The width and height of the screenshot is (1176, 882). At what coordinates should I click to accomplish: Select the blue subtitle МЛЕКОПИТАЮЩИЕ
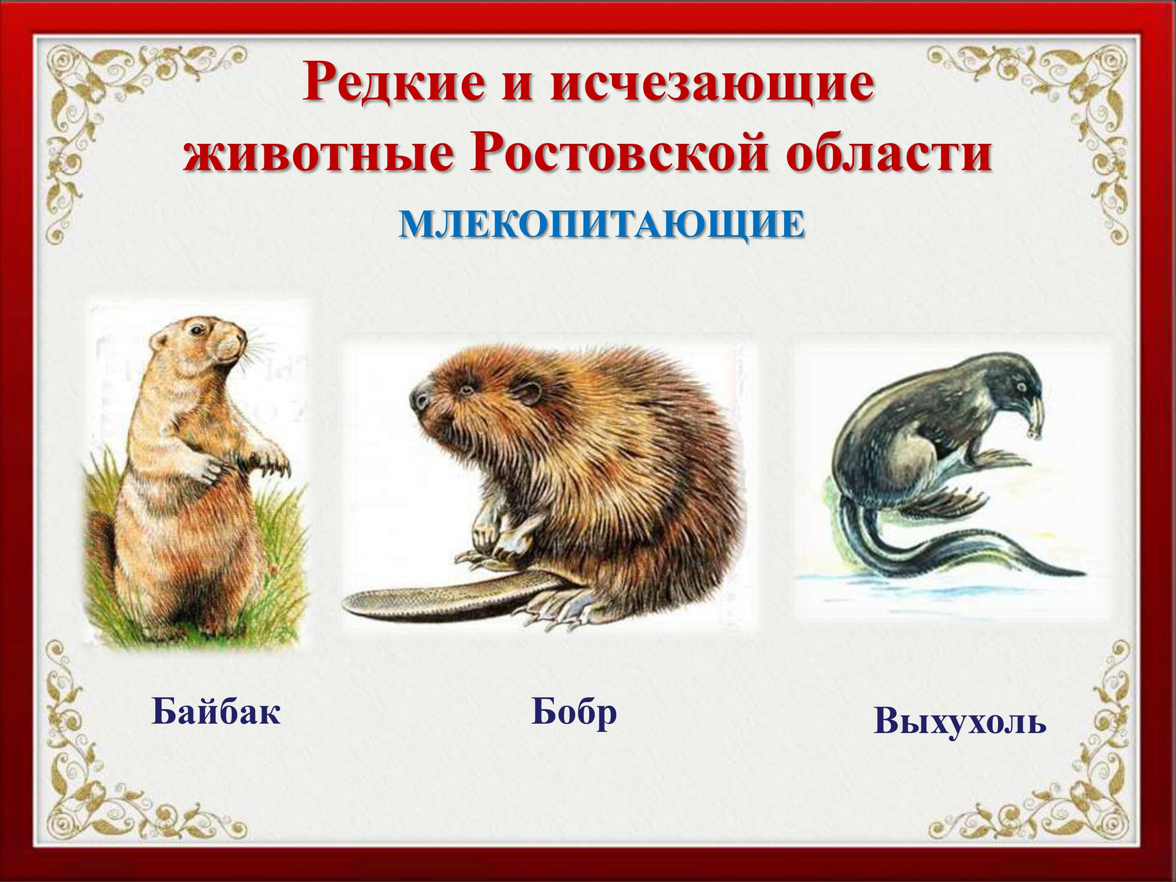point(602,225)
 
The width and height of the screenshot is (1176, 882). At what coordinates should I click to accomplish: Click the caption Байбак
point(216,710)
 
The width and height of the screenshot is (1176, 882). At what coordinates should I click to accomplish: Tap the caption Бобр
point(574,712)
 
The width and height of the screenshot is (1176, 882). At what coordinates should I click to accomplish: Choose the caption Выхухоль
point(959,720)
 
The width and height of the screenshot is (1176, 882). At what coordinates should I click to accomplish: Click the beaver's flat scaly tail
point(447,596)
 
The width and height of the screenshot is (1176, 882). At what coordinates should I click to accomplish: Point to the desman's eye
point(1019,387)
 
